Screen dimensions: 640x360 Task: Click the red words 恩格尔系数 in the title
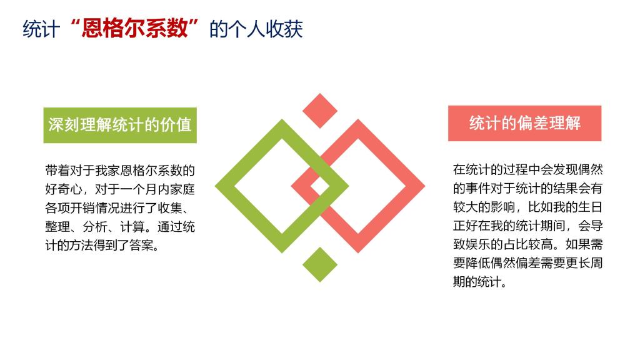[134, 29]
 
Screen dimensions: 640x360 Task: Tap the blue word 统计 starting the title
[41, 29]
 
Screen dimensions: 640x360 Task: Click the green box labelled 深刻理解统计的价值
[120, 125]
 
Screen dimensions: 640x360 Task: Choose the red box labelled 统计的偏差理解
[524, 123]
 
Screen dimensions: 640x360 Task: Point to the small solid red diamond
[320, 111]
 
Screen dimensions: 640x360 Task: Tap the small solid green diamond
[320, 264]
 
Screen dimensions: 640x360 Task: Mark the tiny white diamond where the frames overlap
[320, 186]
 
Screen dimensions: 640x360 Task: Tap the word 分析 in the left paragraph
[95, 227]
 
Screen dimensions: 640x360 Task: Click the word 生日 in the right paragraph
[590, 207]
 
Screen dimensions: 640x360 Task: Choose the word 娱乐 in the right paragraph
[478, 244]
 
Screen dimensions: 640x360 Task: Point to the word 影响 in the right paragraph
[503, 207]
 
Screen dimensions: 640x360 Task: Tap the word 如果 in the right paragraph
[578, 244]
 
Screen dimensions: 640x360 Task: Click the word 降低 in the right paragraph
[478, 263]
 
